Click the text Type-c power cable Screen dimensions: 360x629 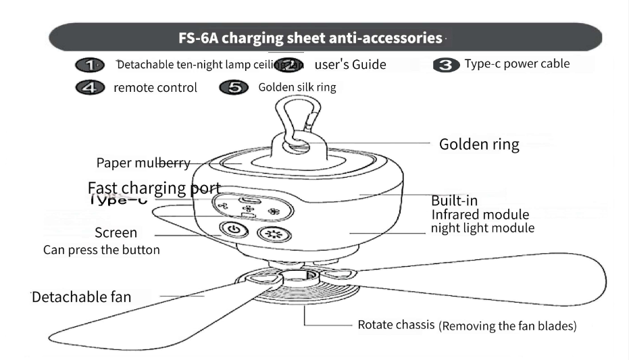(x=517, y=64)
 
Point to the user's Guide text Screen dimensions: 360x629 (x=351, y=65)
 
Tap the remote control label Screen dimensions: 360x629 (x=155, y=88)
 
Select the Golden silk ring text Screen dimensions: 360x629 (x=297, y=88)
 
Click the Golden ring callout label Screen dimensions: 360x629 (x=479, y=145)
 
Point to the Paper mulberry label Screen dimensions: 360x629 (x=143, y=163)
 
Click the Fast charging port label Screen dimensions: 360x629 (x=155, y=187)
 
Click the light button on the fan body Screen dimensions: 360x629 (x=272, y=234)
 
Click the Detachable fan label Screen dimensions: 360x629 (x=82, y=297)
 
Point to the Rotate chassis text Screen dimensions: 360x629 (x=395, y=325)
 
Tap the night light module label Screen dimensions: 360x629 (x=482, y=228)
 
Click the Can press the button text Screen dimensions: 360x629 (x=102, y=250)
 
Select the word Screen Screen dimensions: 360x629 (x=116, y=233)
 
